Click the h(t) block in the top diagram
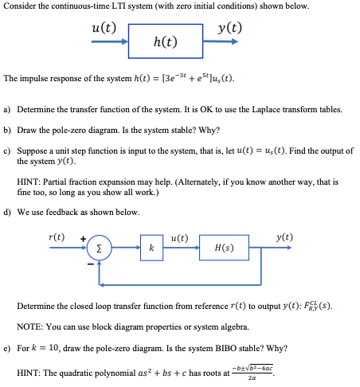tap(165, 41)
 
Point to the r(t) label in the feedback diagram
tap(57, 236)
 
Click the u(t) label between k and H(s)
tap(179, 237)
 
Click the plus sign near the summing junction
tap(83, 237)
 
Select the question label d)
tap(7, 212)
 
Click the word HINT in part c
tap(29, 182)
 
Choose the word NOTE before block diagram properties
tap(29, 326)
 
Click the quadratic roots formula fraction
tap(253, 371)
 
